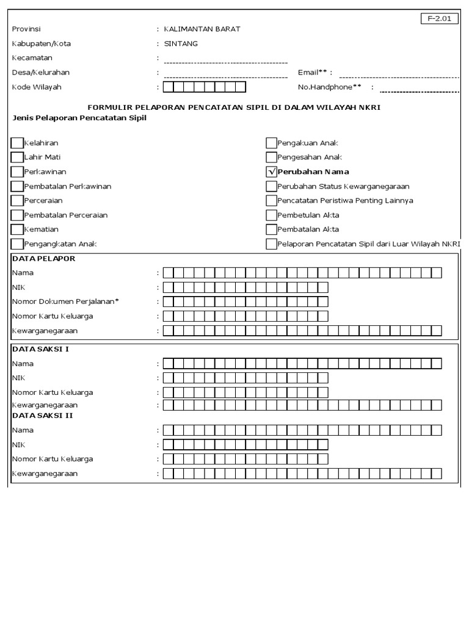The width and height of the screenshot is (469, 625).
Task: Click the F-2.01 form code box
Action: (439, 18)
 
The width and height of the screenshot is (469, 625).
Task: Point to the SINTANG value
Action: (181, 43)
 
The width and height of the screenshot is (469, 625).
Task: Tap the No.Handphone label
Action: (330, 87)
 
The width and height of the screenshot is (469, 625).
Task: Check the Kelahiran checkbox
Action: (17, 143)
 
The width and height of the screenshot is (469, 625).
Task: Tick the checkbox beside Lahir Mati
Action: (17, 157)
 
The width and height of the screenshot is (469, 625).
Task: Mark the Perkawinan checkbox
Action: (17, 172)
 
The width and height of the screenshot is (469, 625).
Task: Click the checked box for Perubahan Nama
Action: (272, 172)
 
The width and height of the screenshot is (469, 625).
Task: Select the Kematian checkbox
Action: (17, 229)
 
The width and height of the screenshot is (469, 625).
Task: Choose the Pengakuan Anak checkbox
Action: (272, 143)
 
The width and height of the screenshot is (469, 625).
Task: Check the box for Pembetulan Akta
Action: (272, 215)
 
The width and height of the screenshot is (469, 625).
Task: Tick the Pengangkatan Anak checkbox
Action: (17, 244)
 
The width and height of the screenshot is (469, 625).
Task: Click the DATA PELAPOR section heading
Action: (44, 259)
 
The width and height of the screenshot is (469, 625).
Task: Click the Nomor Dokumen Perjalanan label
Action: (65, 302)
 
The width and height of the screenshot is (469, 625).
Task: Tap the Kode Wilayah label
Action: (37, 87)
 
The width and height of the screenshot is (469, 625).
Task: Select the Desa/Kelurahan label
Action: (41, 73)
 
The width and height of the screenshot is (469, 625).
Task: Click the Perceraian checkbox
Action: (17, 201)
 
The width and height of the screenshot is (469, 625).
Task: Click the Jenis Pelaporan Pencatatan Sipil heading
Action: (79, 118)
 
